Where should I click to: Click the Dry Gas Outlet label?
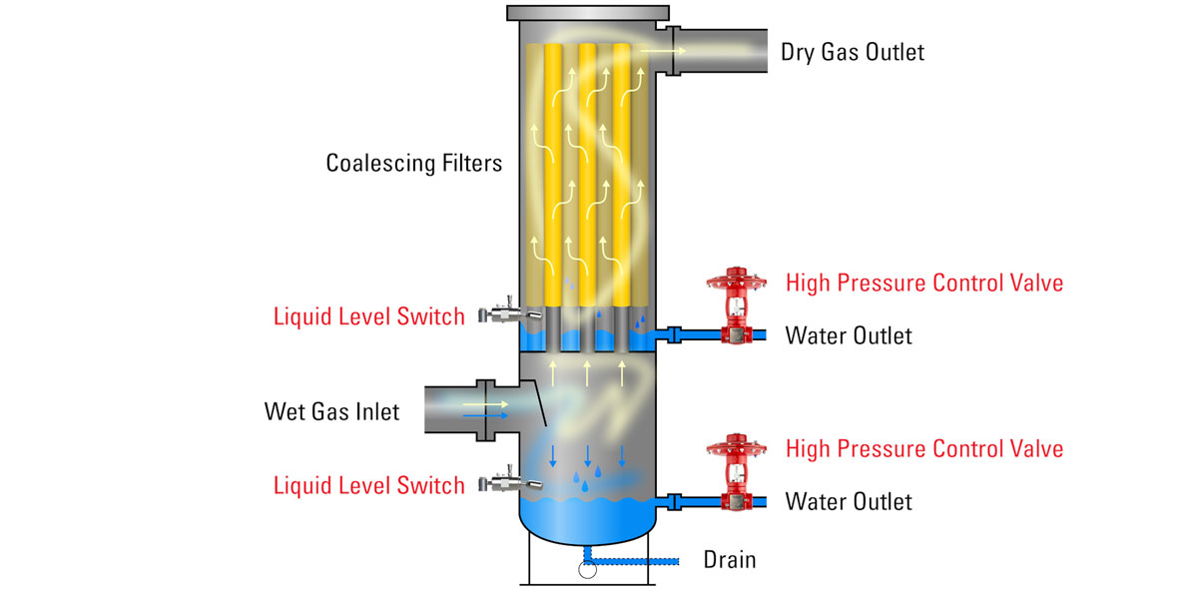(x=852, y=52)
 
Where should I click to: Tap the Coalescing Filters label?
(x=414, y=163)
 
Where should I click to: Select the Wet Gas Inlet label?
(x=331, y=411)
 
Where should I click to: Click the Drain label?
(x=730, y=560)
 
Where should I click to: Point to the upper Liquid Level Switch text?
(x=369, y=317)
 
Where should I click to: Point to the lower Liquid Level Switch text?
(x=369, y=486)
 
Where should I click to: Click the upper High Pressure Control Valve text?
(x=923, y=283)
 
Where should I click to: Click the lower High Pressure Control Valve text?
(x=923, y=449)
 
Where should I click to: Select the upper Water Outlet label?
(x=849, y=335)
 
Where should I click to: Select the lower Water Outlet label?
(x=849, y=501)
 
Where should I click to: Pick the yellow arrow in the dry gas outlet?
(x=662, y=48)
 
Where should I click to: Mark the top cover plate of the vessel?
(x=586, y=14)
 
